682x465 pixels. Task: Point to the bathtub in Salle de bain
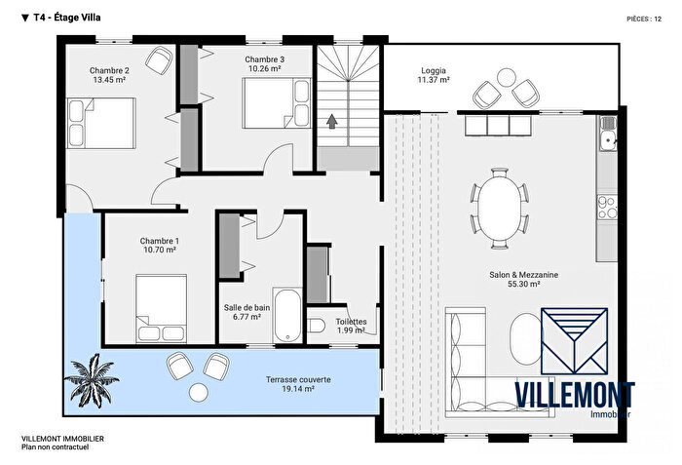coord(286,315)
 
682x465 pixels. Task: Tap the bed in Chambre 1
coord(161,302)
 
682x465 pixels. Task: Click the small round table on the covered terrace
coord(199,391)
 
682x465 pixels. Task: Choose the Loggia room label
coord(435,71)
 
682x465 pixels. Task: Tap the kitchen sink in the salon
coord(608,140)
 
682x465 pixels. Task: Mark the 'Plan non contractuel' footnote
coord(55,447)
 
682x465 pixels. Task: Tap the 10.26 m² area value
coord(264,69)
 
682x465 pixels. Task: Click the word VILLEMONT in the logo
coord(574,396)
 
